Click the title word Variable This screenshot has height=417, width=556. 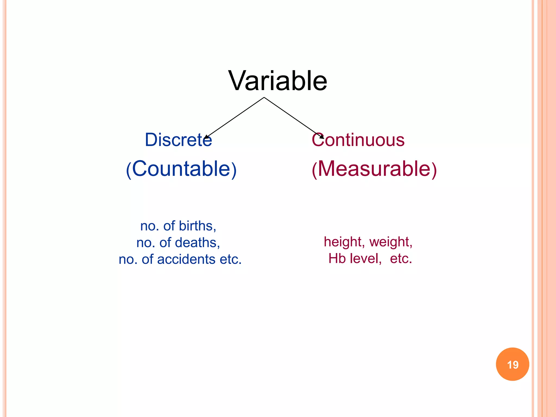[x=278, y=81]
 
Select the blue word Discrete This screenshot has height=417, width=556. [x=178, y=140]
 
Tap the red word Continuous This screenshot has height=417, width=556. [x=358, y=140]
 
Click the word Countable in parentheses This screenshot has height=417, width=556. [x=181, y=169]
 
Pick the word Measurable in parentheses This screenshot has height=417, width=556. [x=374, y=169]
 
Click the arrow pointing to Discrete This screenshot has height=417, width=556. [x=235, y=117]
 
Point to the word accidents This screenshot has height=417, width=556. [x=186, y=259]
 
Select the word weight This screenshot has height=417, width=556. [x=390, y=242]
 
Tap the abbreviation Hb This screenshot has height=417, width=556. [x=337, y=258]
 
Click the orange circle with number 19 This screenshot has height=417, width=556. [x=512, y=364]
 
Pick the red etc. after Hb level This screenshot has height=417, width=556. [x=401, y=258]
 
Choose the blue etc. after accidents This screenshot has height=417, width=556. [x=230, y=259]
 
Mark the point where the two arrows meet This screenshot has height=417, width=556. [x=264, y=97]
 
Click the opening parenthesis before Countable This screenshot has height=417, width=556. [x=129, y=170]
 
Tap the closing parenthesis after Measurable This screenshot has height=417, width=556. [x=434, y=170]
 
